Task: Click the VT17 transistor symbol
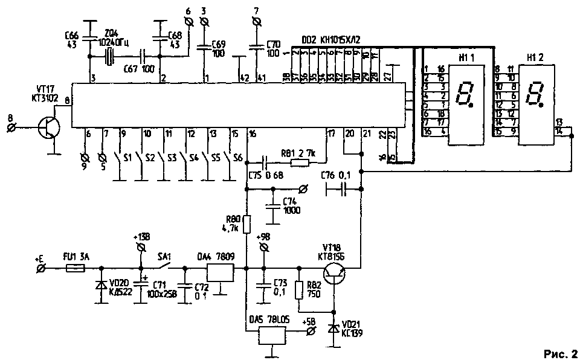tap(47, 128)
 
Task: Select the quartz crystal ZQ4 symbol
tap(109, 57)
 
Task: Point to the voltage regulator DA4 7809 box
tap(221, 273)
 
